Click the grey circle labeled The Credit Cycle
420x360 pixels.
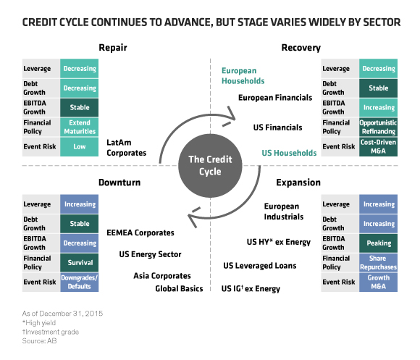[x=210, y=166]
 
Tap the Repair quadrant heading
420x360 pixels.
[x=113, y=48]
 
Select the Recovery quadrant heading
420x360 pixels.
[x=301, y=48]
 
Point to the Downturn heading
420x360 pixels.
[x=119, y=183]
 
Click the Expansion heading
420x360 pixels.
[x=298, y=183]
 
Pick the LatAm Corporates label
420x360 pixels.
[x=127, y=148]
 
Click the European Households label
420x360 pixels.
[x=243, y=76]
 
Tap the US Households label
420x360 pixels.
[x=289, y=153]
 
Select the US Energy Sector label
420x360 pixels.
[x=151, y=254]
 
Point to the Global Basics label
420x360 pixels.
[x=179, y=288]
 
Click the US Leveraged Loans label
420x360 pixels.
[x=260, y=266]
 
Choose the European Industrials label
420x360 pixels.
[x=284, y=212]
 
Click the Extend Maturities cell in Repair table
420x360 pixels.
[x=79, y=127]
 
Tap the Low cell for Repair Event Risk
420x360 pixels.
[x=79, y=146]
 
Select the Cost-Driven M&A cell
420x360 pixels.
[x=378, y=146]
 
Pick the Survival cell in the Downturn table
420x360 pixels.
[x=79, y=262]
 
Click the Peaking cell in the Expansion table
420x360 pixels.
[x=378, y=243]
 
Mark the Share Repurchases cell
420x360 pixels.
[x=378, y=262]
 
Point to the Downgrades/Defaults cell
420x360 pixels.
[x=79, y=282]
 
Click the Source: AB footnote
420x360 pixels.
[x=39, y=341]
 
